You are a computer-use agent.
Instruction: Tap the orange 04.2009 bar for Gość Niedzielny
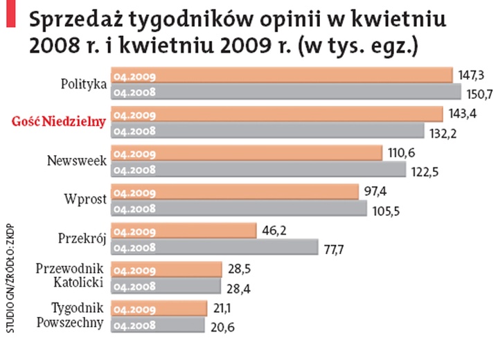(277, 114)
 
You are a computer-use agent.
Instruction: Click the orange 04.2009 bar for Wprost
(235, 192)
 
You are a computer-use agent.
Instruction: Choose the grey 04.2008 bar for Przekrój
(215, 247)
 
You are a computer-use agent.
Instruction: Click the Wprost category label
(86, 200)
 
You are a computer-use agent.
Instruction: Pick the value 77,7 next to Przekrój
(338, 249)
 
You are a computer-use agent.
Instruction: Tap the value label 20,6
(224, 327)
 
